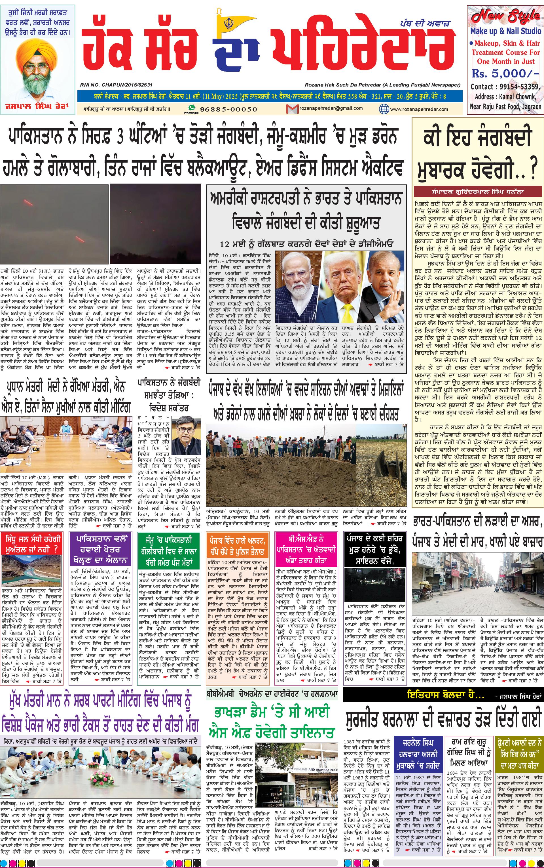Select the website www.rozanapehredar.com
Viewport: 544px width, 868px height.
(419, 109)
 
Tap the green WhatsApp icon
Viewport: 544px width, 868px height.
(191, 107)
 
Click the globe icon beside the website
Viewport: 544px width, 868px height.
(384, 108)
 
